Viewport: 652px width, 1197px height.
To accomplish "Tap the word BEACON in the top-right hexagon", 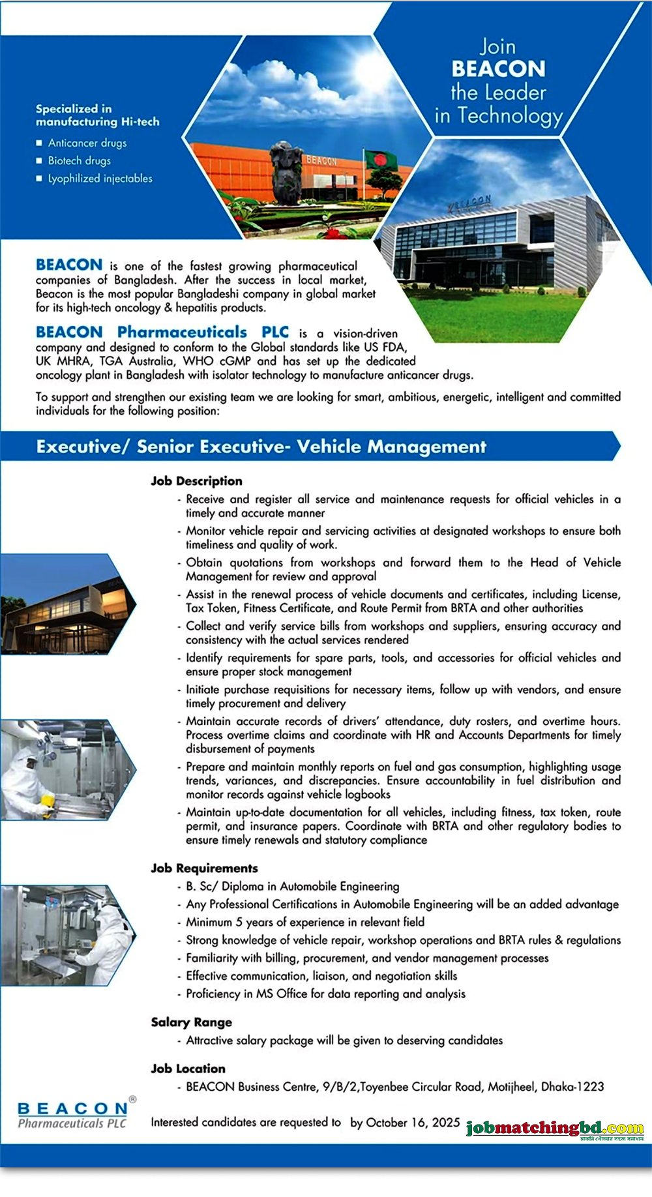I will click(498, 69).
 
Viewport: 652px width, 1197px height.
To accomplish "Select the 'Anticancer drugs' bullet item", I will click(87, 143).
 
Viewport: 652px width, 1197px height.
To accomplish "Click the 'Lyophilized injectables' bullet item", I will click(100, 178).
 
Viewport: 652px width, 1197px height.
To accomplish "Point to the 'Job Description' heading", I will click(196, 481).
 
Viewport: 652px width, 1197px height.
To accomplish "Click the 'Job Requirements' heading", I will click(204, 868).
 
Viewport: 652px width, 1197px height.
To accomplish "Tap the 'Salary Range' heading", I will click(191, 1022).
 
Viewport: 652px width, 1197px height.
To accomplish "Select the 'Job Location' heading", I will click(188, 1069).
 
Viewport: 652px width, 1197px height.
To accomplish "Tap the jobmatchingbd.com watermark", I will click(555, 1129).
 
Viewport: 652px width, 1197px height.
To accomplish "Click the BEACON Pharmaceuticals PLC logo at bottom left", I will click(73, 1114).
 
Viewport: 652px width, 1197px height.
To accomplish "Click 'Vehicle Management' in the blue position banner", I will click(391, 447).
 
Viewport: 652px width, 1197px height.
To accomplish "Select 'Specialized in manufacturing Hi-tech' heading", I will click(97, 115).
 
